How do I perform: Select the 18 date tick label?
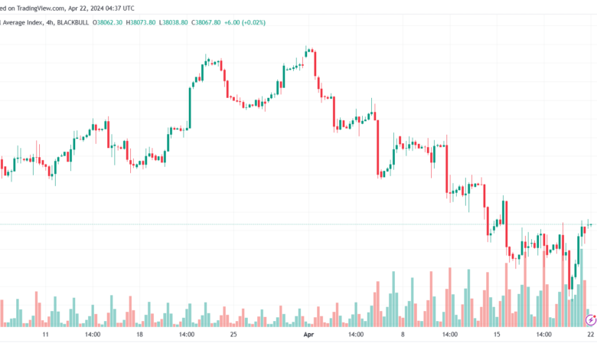pyautogui.click(x=139, y=335)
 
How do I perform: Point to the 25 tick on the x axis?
pyautogui.click(x=233, y=335)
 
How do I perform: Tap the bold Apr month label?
pyautogui.click(x=308, y=335)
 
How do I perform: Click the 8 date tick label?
pyautogui.click(x=403, y=335)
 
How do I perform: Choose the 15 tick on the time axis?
pyautogui.click(x=497, y=335)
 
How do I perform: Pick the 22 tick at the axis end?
pyautogui.click(x=590, y=335)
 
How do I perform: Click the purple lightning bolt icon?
pyautogui.click(x=590, y=319)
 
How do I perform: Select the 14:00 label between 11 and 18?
pyautogui.click(x=93, y=335)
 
